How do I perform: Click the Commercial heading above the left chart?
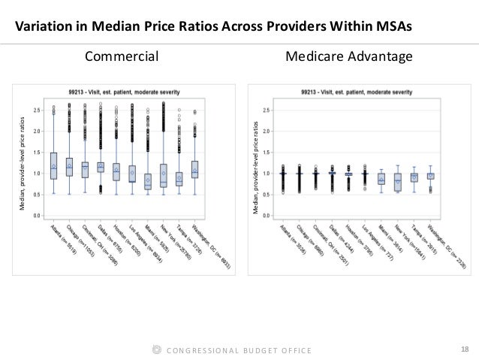click(x=122, y=56)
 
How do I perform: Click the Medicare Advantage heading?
click(x=348, y=56)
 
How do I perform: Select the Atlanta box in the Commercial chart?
click(x=54, y=165)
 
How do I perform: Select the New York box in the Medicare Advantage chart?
click(x=398, y=180)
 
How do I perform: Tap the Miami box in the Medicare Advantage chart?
click(x=381, y=179)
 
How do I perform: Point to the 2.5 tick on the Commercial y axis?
click(x=36, y=110)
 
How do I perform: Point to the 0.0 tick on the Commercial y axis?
click(x=36, y=215)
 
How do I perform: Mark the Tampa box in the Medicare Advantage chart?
click(x=414, y=177)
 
